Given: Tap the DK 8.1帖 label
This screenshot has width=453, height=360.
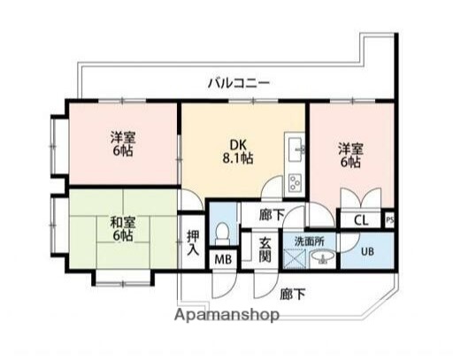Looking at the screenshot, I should (236, 152).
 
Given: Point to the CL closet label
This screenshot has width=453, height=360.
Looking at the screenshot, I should (361, 221).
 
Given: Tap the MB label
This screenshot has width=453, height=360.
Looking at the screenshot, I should (221, 259).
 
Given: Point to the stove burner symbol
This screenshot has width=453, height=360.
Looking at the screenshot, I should (294, 183).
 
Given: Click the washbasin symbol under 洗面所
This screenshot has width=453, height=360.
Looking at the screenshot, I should (325, 259).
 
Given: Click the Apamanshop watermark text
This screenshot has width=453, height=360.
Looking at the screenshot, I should (227, 315).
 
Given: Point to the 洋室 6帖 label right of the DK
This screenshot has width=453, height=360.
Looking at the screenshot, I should (349, 155).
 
